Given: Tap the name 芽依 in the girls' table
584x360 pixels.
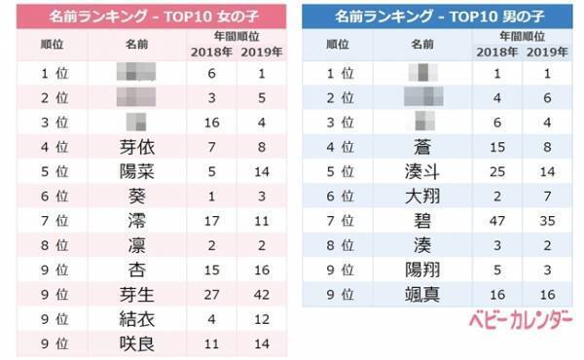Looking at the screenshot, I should point(137,148).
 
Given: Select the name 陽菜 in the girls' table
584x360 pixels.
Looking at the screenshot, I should point(137,172).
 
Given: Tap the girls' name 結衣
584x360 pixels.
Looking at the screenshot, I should point(137,318).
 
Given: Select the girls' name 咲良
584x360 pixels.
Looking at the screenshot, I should point(137,342).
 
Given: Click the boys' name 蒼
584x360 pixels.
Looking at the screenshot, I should point(421,148).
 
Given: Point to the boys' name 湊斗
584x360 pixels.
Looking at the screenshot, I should point(421,172).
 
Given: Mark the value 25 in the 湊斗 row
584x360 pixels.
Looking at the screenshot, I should point(497,172).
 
